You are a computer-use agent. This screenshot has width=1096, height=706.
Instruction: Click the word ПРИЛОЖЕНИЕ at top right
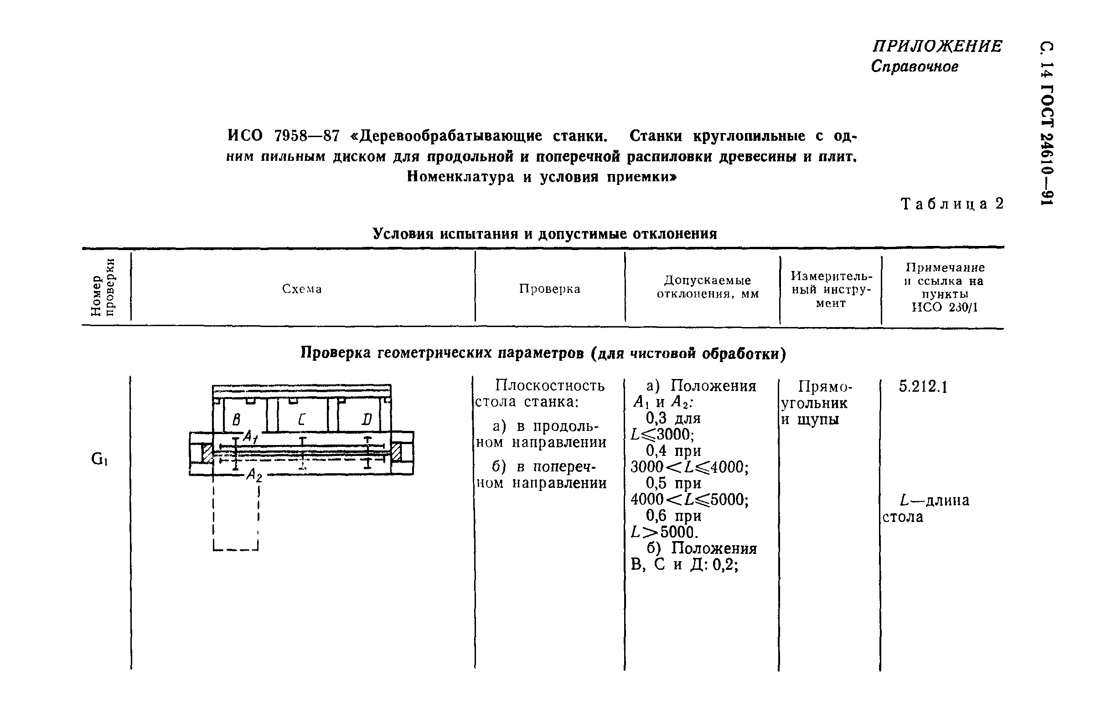937,47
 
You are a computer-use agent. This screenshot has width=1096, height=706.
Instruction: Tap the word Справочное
915,67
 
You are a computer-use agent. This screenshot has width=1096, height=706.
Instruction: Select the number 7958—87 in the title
306,136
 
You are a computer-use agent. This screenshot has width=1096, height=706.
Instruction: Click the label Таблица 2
952,204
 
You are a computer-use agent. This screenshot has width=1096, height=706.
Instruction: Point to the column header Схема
302,289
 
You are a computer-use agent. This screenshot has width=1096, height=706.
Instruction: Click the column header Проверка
550,289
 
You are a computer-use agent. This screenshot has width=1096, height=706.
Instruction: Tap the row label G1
99,459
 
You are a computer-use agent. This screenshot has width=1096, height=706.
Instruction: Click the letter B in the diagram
236,419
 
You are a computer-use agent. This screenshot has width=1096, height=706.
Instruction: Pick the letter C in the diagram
301,419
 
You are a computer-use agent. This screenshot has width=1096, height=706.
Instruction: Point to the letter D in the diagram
366,419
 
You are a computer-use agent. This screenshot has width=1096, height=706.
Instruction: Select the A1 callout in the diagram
250,436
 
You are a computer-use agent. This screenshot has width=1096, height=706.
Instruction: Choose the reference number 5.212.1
923,387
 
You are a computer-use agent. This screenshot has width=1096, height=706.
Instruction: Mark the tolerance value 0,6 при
673,516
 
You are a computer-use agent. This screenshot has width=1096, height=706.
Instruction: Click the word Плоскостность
550,386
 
